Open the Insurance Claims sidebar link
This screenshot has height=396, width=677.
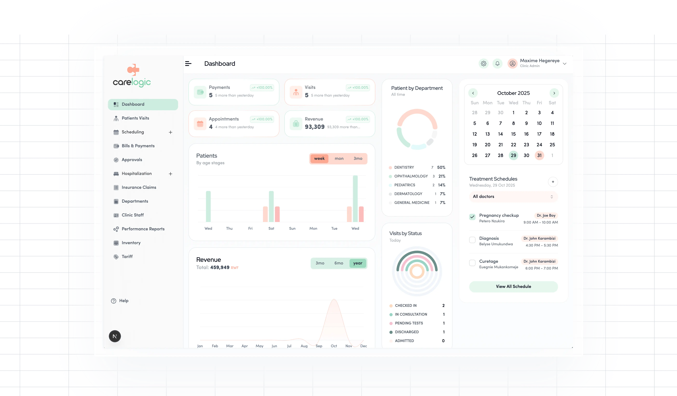139,187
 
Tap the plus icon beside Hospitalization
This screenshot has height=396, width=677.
170,174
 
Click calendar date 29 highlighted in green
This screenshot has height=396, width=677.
513,155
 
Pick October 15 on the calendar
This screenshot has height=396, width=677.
513,134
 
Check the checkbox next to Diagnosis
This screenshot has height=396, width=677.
472,240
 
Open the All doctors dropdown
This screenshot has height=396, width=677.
513,197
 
